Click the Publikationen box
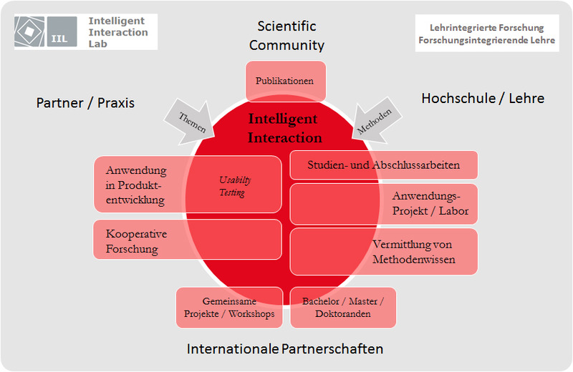pyautogui.click(x=285, y=81)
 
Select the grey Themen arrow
pyautogui.click(x=191, y=122)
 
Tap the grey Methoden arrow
pyautogui.click(x=376, y=120)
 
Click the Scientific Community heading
pyautogui.click(x=287, y=35)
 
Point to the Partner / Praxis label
pyautogui.click(x=85, y=103)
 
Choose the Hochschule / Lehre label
pyautogui.click(x=483, y=98)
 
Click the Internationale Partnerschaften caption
pyautogui.click(x=284, y=348)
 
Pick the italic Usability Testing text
pyautogui.click(x=235, y=186)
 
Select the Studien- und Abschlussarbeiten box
pyautogui.click(x=384, y=165)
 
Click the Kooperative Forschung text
pyautogui.click(x=136, y=241)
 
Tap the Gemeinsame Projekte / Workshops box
pyautogui.click(x=229, y=308)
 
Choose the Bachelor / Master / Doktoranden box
pyautogui.click(x=343, y=308)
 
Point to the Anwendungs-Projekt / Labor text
pyautogui.click(x=430, y=203)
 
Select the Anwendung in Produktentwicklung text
pyautogui.click(x=136, y=185)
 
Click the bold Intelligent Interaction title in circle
pyautogui.click(x=284, y=128)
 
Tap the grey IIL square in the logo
pyautogui.click(x=62, y=31)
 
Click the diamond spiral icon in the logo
pyautogui.click(x=29, y=31)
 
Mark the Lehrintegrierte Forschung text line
pyautogui.click(x=487, y=28)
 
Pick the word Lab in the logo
pyautogui.click(x=97, y=44)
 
